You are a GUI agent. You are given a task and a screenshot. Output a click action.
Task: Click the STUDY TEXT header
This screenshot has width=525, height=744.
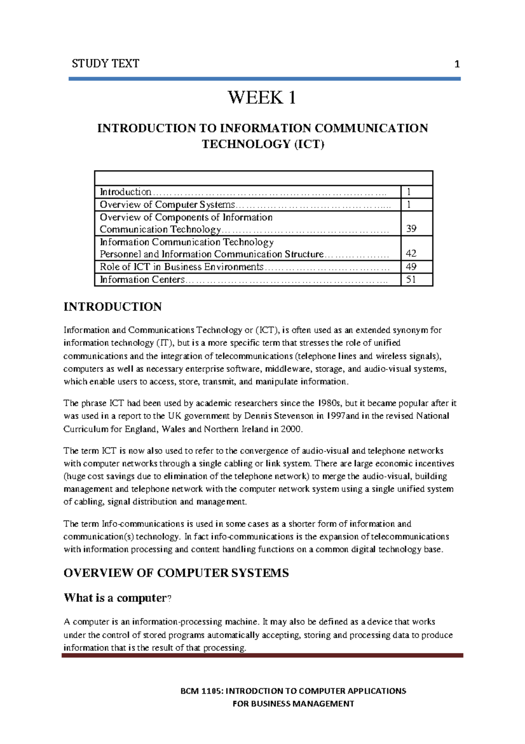click(x=105, y=64)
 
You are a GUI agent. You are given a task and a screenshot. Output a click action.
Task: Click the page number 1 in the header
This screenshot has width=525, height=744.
click(x=457, y=65)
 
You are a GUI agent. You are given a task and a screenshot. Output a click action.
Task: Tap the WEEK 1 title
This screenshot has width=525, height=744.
click(x=262, y=97)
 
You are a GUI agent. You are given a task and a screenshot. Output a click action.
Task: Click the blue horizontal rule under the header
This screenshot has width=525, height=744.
click(x=264, y=79)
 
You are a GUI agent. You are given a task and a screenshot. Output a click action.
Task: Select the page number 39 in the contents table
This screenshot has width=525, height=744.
click(x=411, y=229)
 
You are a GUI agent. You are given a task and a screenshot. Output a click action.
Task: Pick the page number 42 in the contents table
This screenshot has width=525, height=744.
click(x=411, y=254)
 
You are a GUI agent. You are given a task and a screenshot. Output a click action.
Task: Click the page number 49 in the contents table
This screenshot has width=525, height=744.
click(x=411, y=267)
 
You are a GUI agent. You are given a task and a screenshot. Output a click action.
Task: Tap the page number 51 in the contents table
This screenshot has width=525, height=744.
click(x=411, y=279)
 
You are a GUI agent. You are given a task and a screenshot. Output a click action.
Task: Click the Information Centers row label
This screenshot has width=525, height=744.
click(x=142, y=280)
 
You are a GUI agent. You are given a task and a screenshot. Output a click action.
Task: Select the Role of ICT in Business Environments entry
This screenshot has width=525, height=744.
click(x=181, y=267)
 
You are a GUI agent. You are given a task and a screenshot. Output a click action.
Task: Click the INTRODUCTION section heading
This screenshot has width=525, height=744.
click(x=112, y=307)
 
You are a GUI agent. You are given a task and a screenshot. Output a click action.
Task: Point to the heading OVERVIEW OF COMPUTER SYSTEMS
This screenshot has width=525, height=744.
click(x=176, y=573)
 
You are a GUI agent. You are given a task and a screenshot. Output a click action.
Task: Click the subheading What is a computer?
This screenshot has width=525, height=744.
click(x=117, y=598)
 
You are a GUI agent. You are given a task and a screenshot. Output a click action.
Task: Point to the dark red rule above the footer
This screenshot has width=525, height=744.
click(x=262, y=655)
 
